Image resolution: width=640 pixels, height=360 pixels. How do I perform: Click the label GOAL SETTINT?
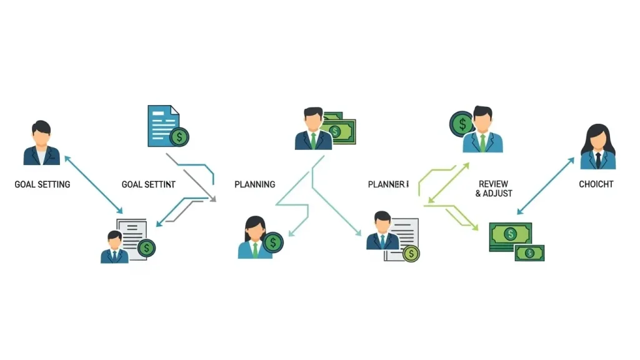[x=148, y=184]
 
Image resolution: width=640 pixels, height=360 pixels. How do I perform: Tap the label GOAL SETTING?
[x=42, y=184]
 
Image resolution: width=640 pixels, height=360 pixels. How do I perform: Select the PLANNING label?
[x=254, y=184]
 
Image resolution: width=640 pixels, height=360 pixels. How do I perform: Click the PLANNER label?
[x=388, y=184]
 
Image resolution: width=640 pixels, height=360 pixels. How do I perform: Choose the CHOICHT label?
[x=596, y=184]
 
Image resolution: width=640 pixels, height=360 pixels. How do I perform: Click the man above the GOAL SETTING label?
[x=41, y=143]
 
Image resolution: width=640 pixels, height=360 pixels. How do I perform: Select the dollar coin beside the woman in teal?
[x=273, y=242]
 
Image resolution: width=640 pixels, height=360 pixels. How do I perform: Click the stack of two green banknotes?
[x=516, y=242]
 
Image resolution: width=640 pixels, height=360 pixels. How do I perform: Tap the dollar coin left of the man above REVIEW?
[x=462, y=124]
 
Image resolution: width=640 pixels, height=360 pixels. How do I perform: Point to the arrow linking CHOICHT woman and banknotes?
[x=546, y=186]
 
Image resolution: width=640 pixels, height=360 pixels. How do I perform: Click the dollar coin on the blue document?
[x=180, y=136]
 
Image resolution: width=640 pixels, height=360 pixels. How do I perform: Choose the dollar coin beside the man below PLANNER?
[x=411, y=253]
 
